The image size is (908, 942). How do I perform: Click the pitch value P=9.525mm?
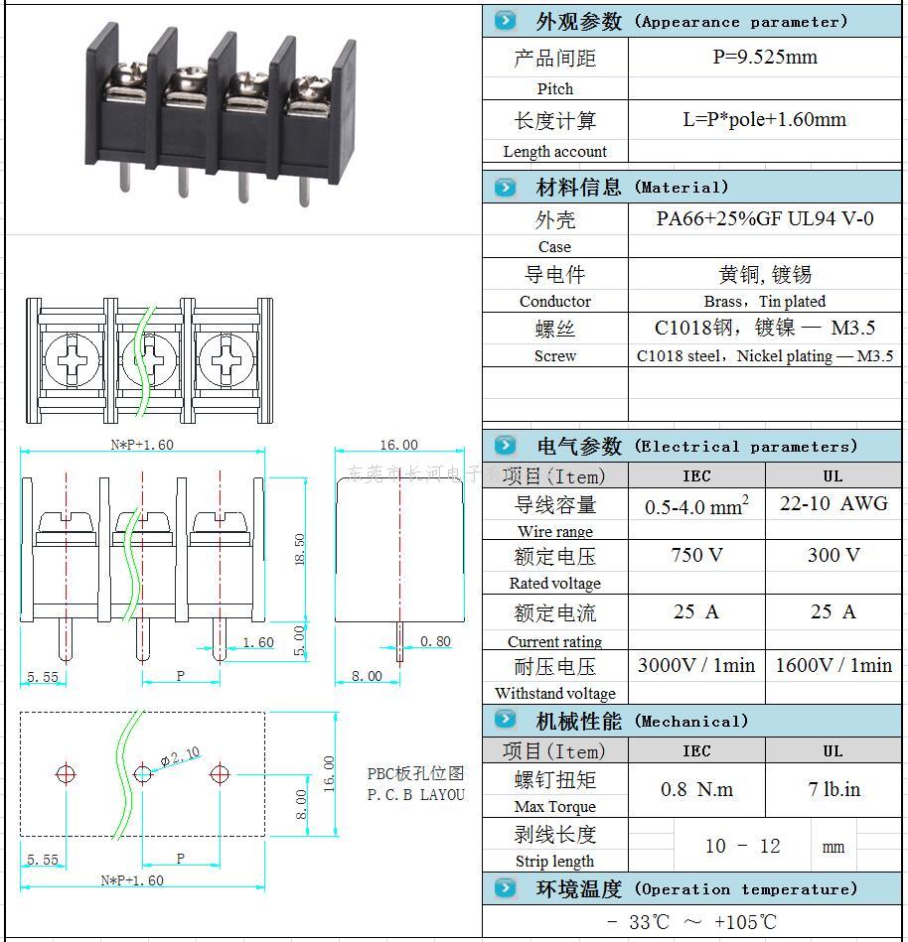pos(764,57)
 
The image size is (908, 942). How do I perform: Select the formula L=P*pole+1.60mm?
pos(764,120)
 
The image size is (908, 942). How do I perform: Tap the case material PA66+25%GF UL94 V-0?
pos(764,218)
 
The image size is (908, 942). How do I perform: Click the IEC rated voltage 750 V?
pos(696,555)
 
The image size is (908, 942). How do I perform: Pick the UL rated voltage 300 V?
pos(832,555)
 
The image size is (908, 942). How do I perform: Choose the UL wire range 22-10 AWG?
pos(832,503)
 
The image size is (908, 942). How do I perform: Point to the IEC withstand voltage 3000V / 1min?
pos(696,665)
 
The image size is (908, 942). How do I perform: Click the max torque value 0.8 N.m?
pos(696,789)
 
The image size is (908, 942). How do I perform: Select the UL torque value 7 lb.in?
pos(833,789)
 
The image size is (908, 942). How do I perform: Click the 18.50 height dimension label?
pos(300,549)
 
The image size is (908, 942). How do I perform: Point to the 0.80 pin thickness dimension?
pos(435,641)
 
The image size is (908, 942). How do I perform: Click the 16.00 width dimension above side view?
pos(398,445)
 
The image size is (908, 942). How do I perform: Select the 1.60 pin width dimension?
pos(257,642)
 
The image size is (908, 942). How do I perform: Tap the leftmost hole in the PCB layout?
pos(66,772)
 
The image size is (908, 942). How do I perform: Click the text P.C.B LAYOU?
pos(415,794)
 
